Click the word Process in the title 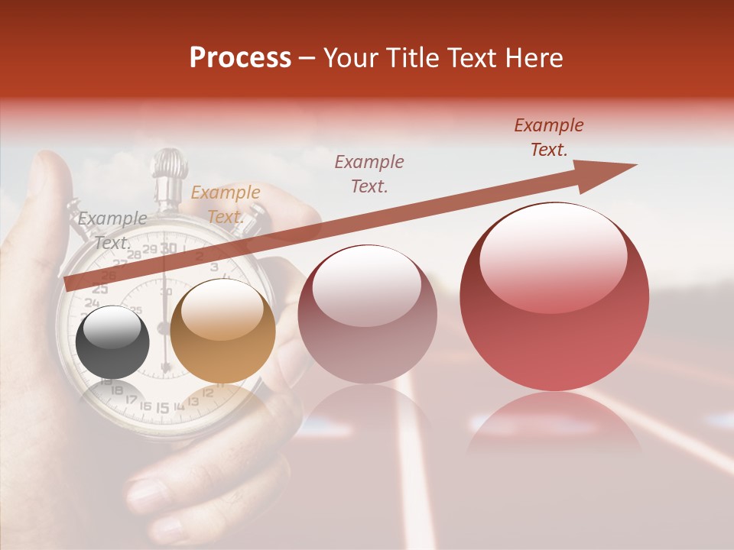240,58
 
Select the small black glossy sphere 113,341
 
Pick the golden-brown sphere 222,330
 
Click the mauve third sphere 367,313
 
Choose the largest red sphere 554,296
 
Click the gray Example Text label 112,230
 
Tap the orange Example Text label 225,205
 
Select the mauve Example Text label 369,173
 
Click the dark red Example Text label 548,137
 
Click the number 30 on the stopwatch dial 169,248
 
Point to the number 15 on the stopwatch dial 162,408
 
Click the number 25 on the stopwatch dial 99,289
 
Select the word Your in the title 352,58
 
